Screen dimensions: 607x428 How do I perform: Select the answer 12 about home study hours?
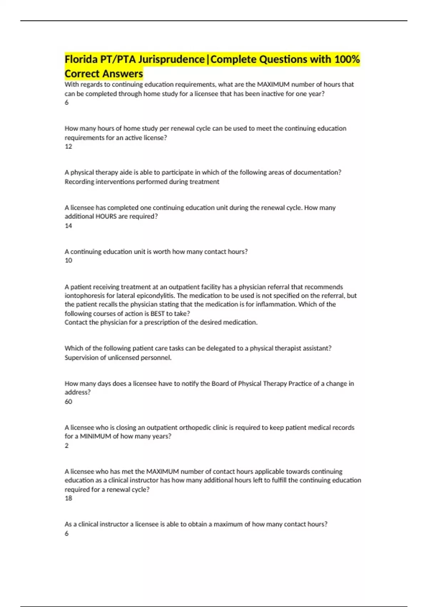(68, 146)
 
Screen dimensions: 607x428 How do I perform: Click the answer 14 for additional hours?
(68, 226)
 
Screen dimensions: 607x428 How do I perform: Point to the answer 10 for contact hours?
(68, 260)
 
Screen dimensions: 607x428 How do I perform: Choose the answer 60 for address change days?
(68, 401)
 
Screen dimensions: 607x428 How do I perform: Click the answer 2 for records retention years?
(67, 445)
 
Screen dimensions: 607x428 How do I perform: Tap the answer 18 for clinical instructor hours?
(68, 498)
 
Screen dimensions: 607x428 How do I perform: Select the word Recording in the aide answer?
(79, 182)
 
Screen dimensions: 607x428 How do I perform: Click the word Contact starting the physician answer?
(76, 322)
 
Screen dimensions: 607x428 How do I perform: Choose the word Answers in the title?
(123, 74)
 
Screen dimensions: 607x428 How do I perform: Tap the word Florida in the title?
(81, 59)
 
